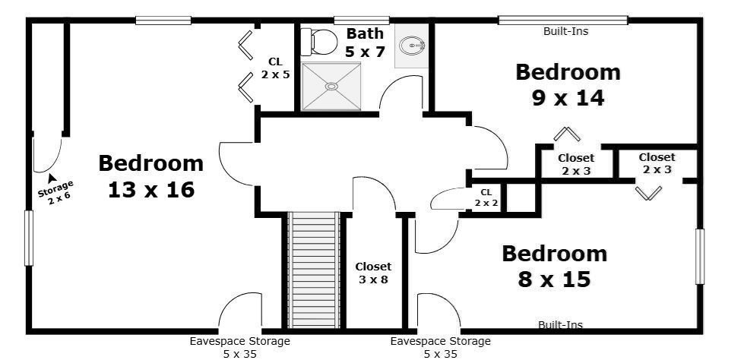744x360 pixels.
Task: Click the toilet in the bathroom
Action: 318,42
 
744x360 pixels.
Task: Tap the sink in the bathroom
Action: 411,46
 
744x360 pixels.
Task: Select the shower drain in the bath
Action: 331,87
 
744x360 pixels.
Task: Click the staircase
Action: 314,270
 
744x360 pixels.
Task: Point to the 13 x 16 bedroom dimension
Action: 151,190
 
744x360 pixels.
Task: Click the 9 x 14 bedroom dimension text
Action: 568,98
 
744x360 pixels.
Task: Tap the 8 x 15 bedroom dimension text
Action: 554,279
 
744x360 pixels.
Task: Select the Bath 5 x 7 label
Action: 365,43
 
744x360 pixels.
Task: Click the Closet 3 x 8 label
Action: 373,273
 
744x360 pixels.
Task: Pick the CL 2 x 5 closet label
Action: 275,68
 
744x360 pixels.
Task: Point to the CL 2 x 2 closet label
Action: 486,197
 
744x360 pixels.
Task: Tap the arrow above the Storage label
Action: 52,178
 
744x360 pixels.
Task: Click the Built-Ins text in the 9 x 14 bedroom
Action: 565,31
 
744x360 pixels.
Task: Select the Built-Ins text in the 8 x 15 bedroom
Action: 560,325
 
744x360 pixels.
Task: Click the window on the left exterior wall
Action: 29,238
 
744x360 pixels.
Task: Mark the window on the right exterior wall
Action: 699,257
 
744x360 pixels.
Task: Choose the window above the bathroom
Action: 362,21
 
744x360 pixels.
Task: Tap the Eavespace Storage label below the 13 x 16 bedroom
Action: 239,347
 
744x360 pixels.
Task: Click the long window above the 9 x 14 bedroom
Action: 562,21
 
